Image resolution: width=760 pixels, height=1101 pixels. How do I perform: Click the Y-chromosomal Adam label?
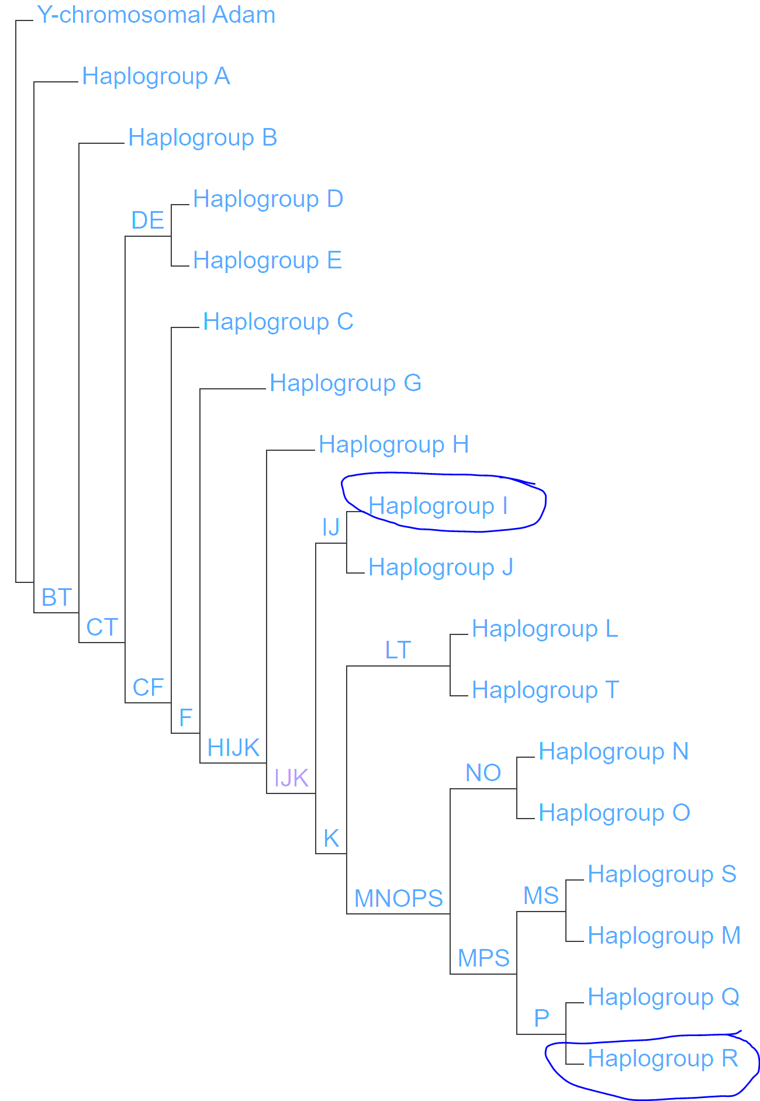156,15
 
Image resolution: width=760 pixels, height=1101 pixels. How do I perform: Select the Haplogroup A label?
156,77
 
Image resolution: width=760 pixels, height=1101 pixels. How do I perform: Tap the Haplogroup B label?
202,138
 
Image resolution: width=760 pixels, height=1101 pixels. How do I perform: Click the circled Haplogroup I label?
438,506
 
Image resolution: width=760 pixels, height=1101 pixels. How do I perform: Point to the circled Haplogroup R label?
663,1059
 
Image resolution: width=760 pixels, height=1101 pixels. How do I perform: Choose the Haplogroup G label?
345,384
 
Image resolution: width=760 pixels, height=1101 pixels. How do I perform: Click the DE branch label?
147,221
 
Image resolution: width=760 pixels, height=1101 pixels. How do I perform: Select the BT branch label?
57,598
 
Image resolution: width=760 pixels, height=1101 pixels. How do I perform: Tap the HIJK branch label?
233,748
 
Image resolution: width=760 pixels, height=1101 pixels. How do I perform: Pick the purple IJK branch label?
291,779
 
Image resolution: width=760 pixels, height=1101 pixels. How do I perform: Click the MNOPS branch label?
399,899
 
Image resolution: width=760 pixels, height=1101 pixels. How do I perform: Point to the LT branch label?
398,650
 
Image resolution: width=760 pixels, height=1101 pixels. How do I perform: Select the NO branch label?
483,773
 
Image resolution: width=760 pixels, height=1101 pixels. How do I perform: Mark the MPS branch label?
483,958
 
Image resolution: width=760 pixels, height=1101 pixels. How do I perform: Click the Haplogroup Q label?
664,998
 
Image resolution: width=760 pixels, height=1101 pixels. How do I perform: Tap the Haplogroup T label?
545,691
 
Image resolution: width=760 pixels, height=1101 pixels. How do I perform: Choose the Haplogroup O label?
614,813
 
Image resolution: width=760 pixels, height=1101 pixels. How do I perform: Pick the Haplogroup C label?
278,322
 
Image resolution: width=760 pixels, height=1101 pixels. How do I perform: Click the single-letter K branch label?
331,839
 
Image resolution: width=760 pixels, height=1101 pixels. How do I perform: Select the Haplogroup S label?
662,875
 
